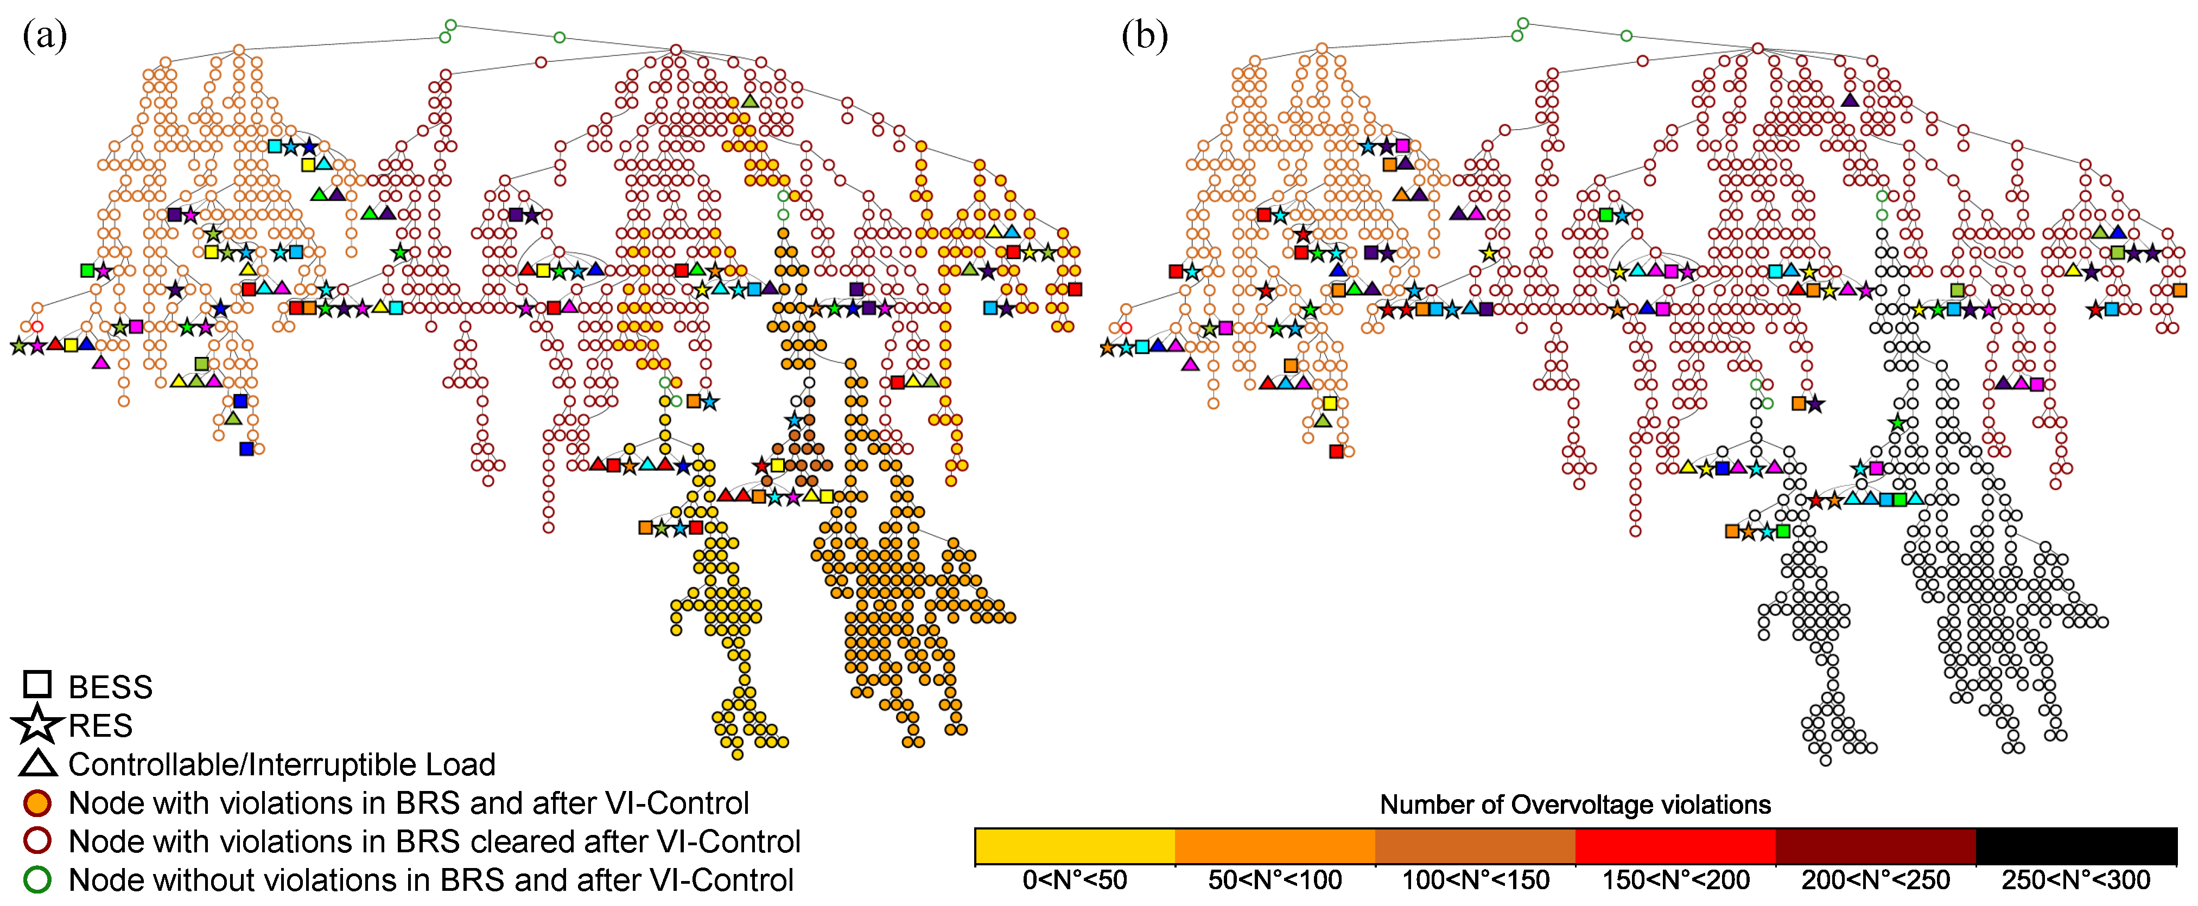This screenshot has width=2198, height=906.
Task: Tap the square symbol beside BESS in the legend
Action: click(x=37, y=684)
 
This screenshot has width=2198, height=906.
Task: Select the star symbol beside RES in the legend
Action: click(x=37, y=724)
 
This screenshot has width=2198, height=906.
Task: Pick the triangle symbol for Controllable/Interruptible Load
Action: click(x=37, y=763)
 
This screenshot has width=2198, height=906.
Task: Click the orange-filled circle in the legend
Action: click(x=37, y=803)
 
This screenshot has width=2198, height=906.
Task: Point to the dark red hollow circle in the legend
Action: click(x=37, y=841)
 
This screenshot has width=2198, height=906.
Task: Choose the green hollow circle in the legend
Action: click(x=37, y=879)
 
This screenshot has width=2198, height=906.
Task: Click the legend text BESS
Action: click(x=110, y=687)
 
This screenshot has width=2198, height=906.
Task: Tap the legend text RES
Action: click(x=101, y=725)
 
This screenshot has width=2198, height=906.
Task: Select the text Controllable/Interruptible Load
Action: click(x=282, y=764)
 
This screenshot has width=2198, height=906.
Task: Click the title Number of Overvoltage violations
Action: click(x=1575, y=805)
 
